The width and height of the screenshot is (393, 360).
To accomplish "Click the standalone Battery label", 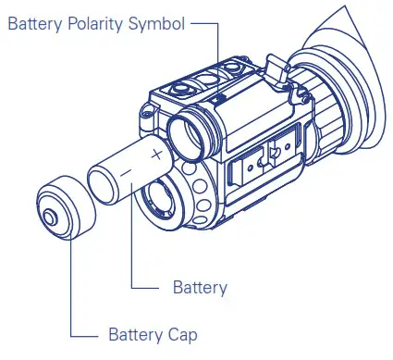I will (x=200, y=288).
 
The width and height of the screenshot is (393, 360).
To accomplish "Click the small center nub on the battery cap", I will (x=48, y=217).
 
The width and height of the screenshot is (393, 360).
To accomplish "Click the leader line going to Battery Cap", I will (x=70, y=296).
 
